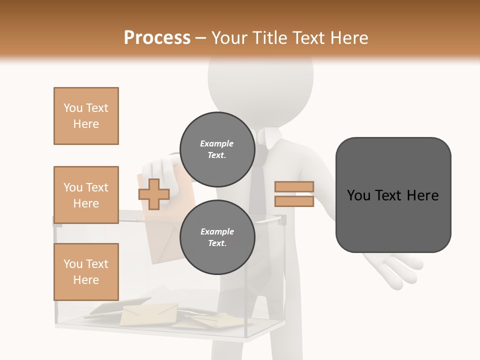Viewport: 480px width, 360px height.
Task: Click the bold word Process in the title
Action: (x=157, y=38)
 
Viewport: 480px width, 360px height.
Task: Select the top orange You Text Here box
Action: (x=86, y=116)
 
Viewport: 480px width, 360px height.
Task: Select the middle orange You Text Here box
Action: (x=86, y=195)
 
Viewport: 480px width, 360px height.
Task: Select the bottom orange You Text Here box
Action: (x=86, y=272)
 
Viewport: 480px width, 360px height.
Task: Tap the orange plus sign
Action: (x=154, y=194)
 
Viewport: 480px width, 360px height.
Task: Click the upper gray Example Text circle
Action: (x=217, y=149)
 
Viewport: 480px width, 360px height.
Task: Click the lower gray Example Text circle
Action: (x=217, y=237)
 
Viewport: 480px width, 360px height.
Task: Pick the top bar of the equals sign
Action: (x=294, y=187)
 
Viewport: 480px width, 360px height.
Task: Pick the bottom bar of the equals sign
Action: (x=294, y=201)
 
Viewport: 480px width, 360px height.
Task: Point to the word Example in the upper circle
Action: (x=217, y=143)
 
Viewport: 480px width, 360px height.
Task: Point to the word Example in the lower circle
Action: (x=217, y=231)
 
